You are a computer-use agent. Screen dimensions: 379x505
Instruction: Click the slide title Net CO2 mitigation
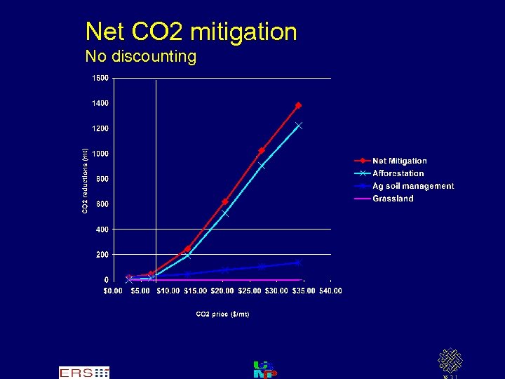pyautogui.click(x=191, y=32)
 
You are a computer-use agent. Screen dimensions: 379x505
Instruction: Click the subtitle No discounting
pyautogui.click(x=140, y=56)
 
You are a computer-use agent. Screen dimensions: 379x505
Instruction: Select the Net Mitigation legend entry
pyautogui.click(x=399, y=161)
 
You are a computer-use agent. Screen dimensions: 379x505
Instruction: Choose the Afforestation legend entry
pyautogui.click(x=398, y=173)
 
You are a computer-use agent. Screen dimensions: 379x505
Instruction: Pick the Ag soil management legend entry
pyautogui.click(x=412, y=186)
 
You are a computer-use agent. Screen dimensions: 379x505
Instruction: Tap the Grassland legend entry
pyautogui.click(x=393, y=199)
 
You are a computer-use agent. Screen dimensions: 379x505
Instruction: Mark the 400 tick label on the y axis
pyautogui.click(x=102, y=230)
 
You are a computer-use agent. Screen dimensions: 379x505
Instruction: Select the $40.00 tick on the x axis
pyautogui.click(x=330, y=291)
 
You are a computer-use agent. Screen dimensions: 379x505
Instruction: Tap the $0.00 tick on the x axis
pyautogui.click(x=113, y=291)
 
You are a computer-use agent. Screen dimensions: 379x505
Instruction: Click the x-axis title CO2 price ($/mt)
pyautogui.click(x=222, y=314)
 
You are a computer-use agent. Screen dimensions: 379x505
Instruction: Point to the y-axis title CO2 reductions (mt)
pyautogui.click(x=85, y=180)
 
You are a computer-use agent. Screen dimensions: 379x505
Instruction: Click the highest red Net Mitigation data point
pyautogui.click(x=298, y=105)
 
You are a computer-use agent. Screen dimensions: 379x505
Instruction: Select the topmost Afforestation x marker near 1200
pyautogui.click(x=299, y=126)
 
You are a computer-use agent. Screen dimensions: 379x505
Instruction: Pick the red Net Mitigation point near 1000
pyautogui.click(x=261, y=150)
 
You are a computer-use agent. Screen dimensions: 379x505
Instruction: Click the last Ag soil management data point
pyautogui.click(x=298, y=262)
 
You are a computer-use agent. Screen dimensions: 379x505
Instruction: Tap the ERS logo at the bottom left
pyautogui.click(x=83, y=372)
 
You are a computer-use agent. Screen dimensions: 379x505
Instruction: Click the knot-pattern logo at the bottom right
pyautogui.click(x=450, y=361)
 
